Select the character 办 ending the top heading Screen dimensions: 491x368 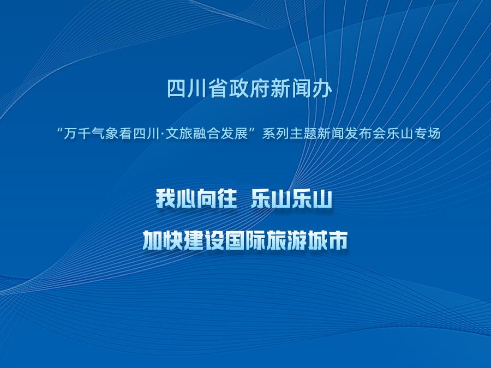click(322, 89)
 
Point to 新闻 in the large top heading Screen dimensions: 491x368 click(291, 89)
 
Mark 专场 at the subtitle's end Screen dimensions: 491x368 click(429, 134)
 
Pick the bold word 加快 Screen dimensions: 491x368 click(162, 240)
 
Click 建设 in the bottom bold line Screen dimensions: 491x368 click(203, 240)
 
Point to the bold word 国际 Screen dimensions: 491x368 click(245, 240)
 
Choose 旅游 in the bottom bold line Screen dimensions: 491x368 click(286, 240)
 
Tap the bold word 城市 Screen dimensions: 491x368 click(327, 240)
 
